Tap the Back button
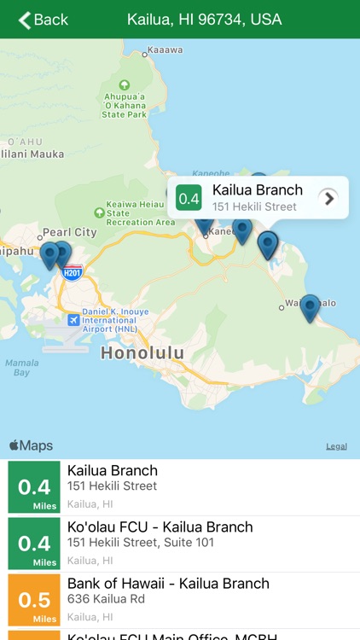[43, 20]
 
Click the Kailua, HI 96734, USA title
[204, 20]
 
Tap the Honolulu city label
[142, 352]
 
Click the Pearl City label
[70, 232]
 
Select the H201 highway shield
[73, 273]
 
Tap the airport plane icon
[73, 320]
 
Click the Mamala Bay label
[21, 368]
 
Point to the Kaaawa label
[165, 49]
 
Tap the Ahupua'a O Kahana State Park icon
[125, 85]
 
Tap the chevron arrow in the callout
[328, 199]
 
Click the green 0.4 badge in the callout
[189, 199]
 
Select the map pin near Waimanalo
[310, 306]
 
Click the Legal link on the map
[336, 446]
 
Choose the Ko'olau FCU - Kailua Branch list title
[160, 527]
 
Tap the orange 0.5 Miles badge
[34, 600]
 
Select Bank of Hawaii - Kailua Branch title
[168, 584]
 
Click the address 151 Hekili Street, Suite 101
[141, 543]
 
